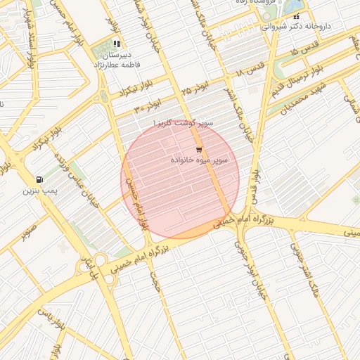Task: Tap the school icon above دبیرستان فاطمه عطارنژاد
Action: [x=116, y=44]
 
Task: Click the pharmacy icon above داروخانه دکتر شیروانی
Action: [x=296, y=15]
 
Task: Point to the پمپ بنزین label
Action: [x=40, y=190]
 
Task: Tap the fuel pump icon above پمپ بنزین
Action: [x=39, y=179]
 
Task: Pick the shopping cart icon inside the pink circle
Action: [x=199, y=150]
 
